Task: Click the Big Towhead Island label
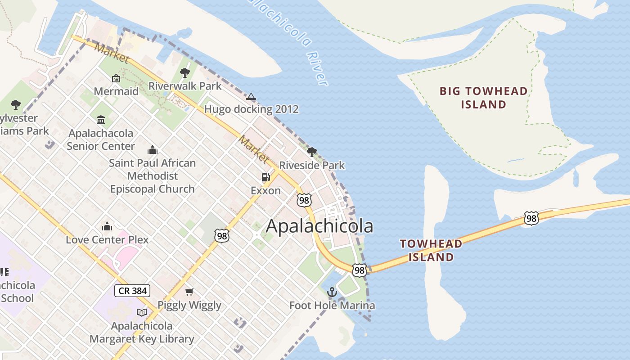pos(483,98)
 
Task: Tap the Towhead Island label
pos(431,250)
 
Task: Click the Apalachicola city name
pos(319,226)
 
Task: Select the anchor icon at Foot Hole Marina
pos(332,292)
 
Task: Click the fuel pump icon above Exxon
pos(265,177)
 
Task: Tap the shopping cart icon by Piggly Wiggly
pos(189,292)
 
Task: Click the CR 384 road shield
pos(132,291)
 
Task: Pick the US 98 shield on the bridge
pos(531,218)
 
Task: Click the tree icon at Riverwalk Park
pos(184,72)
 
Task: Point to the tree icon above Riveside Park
pos(311,152)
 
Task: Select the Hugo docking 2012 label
pos(251,109)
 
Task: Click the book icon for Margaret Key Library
pos(142,312)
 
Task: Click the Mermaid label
pos(116,91)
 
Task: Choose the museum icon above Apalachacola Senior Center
pos(101,120)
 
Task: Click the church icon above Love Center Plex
pos(107,226)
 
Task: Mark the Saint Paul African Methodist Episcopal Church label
pos(152,176)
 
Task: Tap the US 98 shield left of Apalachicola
pos(222,235)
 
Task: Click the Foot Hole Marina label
pos(332,306)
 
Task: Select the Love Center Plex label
pos(107,239)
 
